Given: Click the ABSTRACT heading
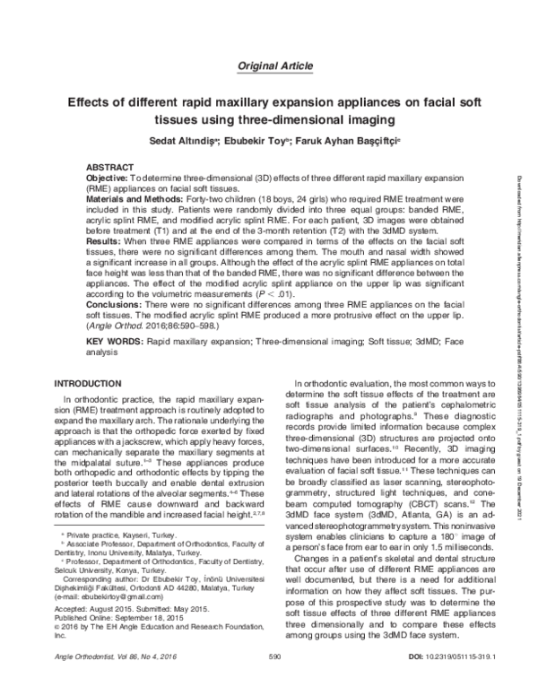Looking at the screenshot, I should [x=112, y=168].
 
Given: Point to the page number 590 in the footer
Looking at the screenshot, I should [x=275, y=681].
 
